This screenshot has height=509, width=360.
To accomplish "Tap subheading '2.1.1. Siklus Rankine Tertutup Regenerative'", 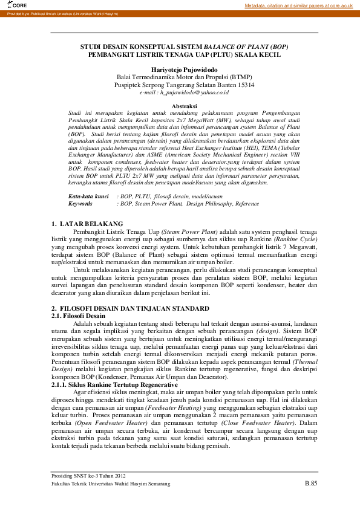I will [114, 384].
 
